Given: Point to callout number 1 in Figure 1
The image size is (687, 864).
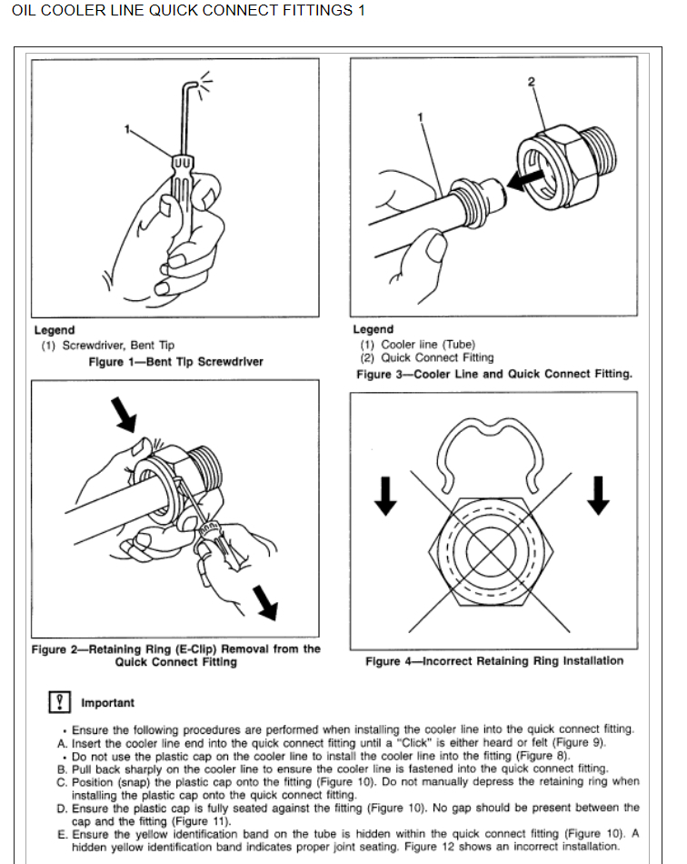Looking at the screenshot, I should (128, 128).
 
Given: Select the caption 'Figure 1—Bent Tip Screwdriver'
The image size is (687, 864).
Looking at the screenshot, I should (175, 361).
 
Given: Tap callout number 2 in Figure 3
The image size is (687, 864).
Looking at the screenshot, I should (532, 82).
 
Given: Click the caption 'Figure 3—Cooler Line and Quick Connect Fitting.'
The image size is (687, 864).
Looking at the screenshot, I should (493, 374).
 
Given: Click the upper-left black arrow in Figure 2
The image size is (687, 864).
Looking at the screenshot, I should (122, 413).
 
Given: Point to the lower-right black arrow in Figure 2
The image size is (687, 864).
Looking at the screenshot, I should (267, 600).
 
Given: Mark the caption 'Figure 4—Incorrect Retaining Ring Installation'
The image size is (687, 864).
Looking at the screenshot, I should (493, 660).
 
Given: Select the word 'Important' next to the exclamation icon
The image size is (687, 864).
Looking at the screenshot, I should (107, 702).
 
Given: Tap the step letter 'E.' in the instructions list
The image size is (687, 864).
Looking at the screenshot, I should (62, 833).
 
